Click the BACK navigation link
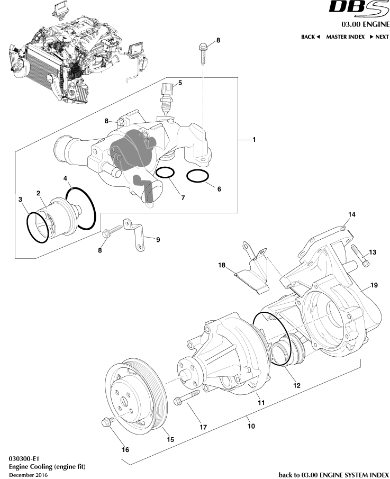tap(311, 37)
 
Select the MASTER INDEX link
tap(345, 37)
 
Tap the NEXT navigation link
tap(379, 37)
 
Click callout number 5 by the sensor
tap(180, 83)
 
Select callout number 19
tap(374, 285)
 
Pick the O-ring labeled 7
tap(166, 173)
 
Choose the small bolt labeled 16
tap(105, 422)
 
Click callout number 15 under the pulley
tap(170, 439)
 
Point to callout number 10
tap(251, 426)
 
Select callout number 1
tap(254, 140)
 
